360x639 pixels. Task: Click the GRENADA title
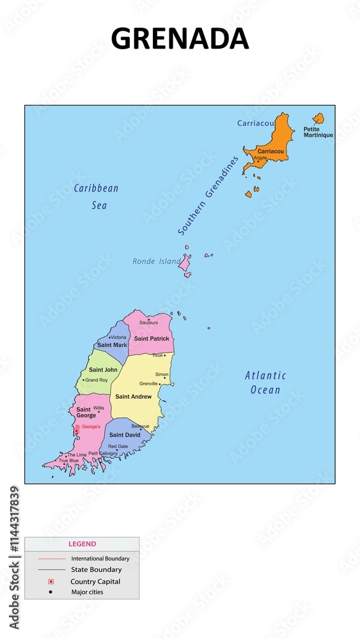(x=180, y=39)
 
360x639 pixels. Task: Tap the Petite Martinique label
(x=318, y=132)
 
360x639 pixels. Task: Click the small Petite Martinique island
(x=318, y=118)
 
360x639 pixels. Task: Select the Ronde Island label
(x=156, y=261)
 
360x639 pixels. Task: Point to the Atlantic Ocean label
(x=265, y=382)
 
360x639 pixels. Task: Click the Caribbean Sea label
(x=97, y=196)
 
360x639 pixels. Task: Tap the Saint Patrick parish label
(x=152, y=339)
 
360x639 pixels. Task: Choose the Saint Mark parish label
(x=112, y=345)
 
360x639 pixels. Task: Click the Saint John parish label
(x=103, y=370)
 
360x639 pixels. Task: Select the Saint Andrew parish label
(x=133, y=397)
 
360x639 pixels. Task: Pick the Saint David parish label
(x=124, y=435)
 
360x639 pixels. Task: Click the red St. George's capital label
(x=88, y=426)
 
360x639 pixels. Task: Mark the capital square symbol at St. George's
(x=76, y=431)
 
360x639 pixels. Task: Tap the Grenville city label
(x=148, y=383)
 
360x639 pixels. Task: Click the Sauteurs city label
(x=148, y=323)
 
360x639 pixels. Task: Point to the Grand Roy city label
(x=97, y=380)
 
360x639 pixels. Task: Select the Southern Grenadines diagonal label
(x=208, y=194)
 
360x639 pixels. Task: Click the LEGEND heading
(x=82, y=544)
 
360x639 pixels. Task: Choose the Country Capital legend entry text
(x=95, y=581)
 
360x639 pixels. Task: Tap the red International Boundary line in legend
(x=51, y=558)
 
